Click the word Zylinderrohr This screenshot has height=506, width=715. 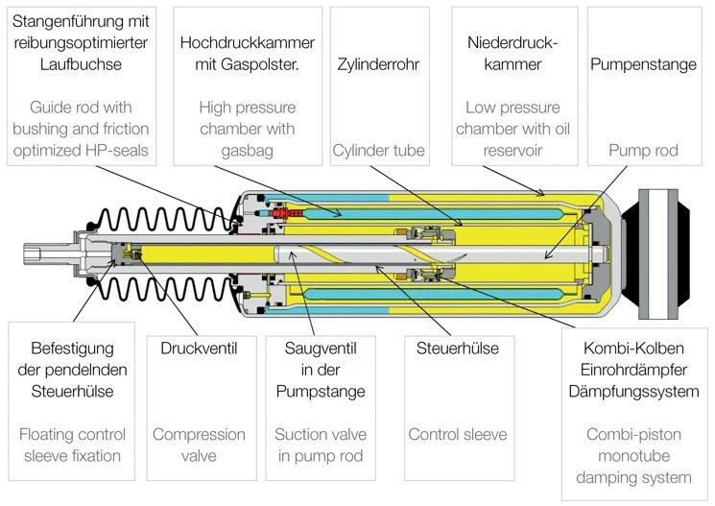point(378,64)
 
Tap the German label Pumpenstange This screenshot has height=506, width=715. point(643,64)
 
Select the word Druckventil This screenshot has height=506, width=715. point(199,349)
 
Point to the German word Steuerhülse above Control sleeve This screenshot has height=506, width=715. point(458,349)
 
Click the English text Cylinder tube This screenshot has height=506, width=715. point(378,150)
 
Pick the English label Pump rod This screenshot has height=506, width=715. point(643,150)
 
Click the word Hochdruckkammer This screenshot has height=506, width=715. point(248,42)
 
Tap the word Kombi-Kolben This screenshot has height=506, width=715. point(633,349)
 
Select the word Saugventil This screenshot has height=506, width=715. point(321,349)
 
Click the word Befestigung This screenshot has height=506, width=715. point(72,349)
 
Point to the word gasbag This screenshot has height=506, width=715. point(248,151)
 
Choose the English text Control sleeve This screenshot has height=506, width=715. point(458,434)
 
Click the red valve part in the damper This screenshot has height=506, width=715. point(279,212)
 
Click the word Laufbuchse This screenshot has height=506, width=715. point(81,64)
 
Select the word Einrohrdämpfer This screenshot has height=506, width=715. point(633,370)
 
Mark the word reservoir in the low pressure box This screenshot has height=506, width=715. point(512,150)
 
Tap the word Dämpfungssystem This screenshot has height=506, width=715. point(633,392)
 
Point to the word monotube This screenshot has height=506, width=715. point(633,455)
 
